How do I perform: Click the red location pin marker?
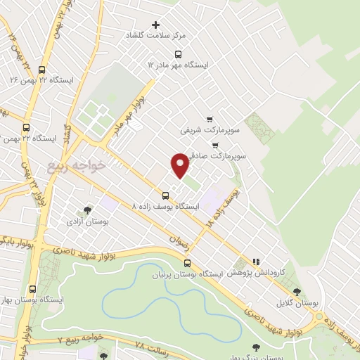pos(181,165)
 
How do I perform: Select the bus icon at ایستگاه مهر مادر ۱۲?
pos(179,53)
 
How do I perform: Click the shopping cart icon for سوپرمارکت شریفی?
pos(210,119)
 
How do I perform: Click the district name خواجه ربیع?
pos(77,165)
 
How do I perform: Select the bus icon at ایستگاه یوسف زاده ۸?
pos(166,195)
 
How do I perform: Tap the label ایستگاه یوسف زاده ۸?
pos(167,207)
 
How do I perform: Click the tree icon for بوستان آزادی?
pos(87,210)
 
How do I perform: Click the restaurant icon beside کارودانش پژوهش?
pos(257,261)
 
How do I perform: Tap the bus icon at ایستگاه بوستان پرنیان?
pos(186,262)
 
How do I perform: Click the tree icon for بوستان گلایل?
pos(297,291)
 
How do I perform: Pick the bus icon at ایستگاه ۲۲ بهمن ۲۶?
pos(41,70)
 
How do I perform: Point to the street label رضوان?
pos(179,240)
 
